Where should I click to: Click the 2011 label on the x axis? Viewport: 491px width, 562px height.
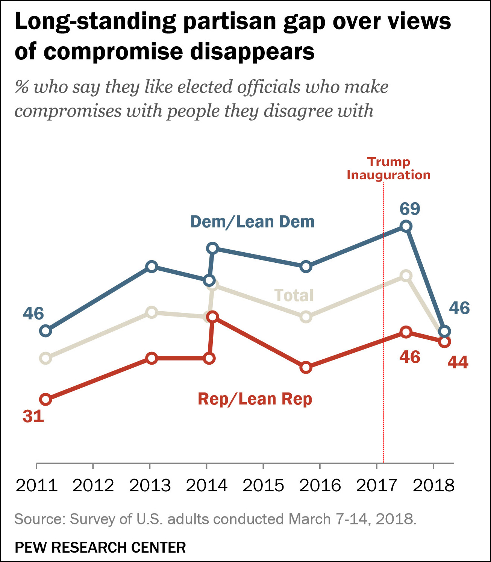(x=36, y=485)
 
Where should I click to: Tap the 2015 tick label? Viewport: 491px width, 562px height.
(x=263, y=485)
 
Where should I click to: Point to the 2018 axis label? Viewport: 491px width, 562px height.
(x=433, y=485)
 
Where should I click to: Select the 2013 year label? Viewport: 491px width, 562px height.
(x=150, y=485)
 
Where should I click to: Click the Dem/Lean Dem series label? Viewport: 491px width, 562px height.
(x=252, y=222)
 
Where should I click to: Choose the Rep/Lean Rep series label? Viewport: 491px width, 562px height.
(x=255, y=399)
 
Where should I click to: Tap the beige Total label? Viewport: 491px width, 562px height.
(x=294, y=295)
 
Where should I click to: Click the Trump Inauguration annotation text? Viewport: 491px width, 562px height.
(x=388, y=168)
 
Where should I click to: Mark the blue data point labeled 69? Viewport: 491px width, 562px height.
(x=406, y=226)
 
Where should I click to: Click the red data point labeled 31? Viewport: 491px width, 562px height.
(x=45, y=399)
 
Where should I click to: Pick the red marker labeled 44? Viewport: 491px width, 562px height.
(x=444, y=341)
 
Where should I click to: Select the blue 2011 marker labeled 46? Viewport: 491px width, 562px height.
(x=45, y=331)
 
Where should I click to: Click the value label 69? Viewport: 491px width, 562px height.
(x=410, y=209)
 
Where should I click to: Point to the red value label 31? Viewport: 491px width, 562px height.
(x=33, y=416)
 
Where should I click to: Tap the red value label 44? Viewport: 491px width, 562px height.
(x=458, y=362)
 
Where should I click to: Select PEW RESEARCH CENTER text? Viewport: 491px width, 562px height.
(x=100, y=547)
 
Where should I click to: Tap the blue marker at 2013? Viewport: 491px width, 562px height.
(x=152, y=267)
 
